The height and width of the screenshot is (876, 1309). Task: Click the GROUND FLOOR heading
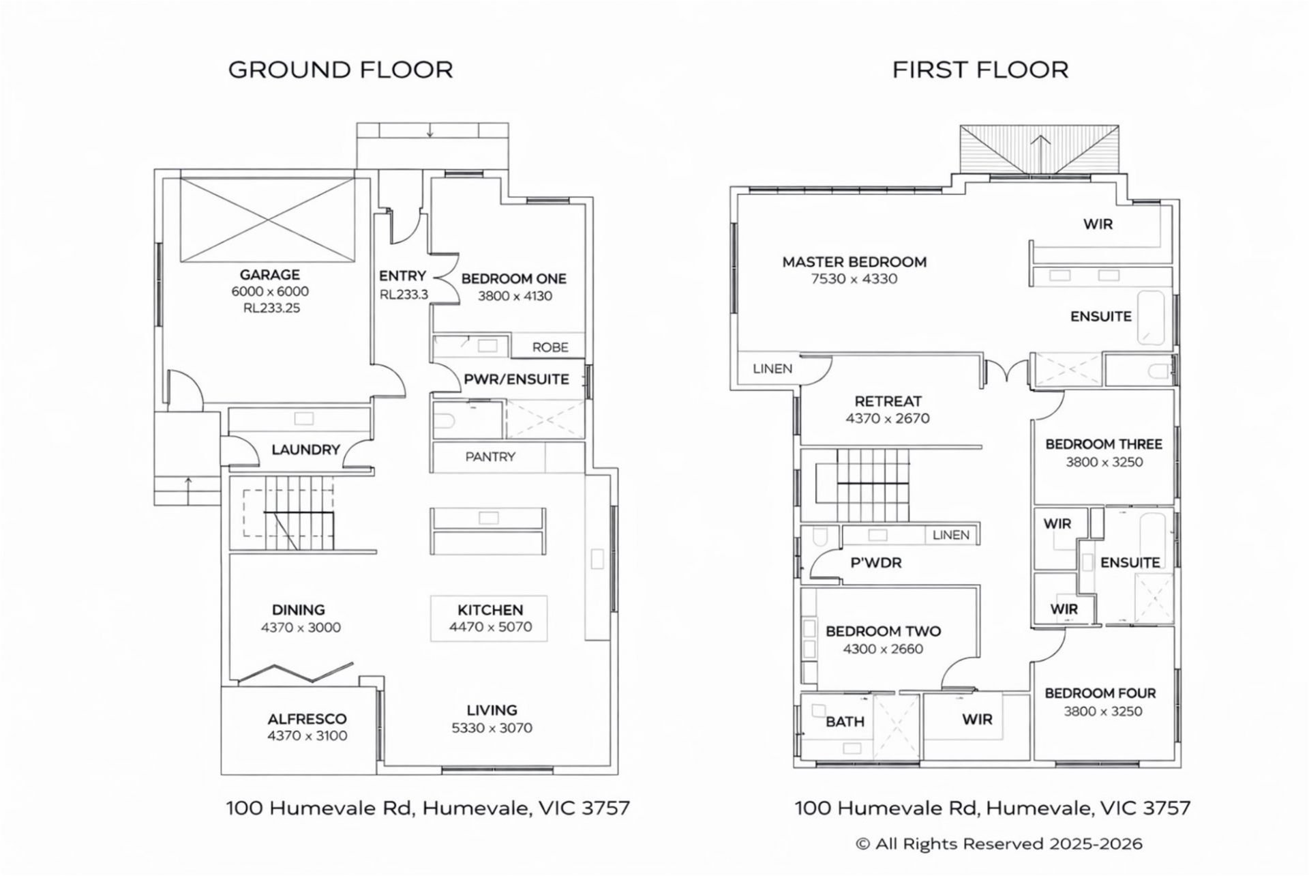[340, 70]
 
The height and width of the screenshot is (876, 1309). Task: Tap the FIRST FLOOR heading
[980, 70]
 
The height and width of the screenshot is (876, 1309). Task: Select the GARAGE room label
[270, 275]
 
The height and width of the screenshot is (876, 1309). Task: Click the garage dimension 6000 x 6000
[270, 291]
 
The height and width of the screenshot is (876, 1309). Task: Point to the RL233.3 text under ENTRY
[404, 295]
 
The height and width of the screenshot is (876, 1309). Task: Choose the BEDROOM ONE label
[514, 279]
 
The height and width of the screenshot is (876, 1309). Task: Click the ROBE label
[550, 347]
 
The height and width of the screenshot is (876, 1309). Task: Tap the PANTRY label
[490, 456]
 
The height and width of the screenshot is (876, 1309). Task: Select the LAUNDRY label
[305, 450]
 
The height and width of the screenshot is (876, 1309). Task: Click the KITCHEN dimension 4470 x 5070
[490, 627]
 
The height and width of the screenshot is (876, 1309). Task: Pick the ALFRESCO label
[307, 719]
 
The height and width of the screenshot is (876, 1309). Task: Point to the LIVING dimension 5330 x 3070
[492, 728]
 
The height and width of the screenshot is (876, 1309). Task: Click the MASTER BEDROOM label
[854, 262]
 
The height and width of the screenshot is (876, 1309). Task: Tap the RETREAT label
[888, 401]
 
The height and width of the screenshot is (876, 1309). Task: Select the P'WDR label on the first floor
[876, 563]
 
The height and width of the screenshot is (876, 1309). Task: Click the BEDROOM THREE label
[1104, 444]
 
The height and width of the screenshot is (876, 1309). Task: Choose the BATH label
[845, 721]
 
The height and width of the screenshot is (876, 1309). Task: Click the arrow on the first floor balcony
[1040, 151]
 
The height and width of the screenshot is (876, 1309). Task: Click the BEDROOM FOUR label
[1100, 693]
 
